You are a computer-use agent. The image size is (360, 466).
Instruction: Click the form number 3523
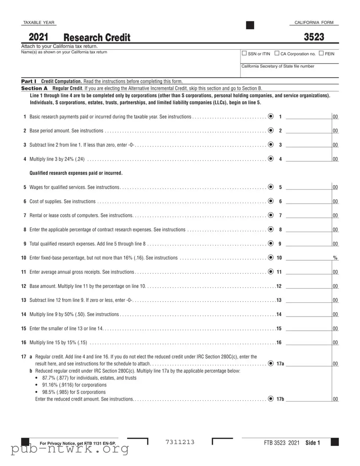coord(314,37)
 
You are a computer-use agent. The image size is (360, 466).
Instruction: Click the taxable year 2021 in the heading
coord(39,37)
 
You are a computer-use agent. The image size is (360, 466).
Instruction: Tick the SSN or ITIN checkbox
coord(244,54)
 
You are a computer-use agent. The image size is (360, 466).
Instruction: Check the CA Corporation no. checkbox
coord(277,54)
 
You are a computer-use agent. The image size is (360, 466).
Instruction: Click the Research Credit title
coord(97,38)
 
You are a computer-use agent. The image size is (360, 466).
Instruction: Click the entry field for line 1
coord(308,116)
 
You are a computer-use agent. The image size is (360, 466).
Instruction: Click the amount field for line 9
coord(308,243)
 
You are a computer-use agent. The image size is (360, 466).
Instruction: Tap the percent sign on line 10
coord(335,258)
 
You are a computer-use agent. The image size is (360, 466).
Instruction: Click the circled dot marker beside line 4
coord(271,159)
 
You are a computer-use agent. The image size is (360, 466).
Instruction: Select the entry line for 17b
coord(308,399)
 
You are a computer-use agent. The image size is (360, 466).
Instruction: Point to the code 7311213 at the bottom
coord(180,442)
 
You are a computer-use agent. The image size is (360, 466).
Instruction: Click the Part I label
coord(29,81)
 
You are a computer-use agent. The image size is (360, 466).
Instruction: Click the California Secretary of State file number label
coord(278,66)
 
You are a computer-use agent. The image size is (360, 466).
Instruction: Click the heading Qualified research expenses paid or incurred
coord(76,173)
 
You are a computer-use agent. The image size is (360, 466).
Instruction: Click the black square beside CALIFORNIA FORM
coord(250,24)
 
